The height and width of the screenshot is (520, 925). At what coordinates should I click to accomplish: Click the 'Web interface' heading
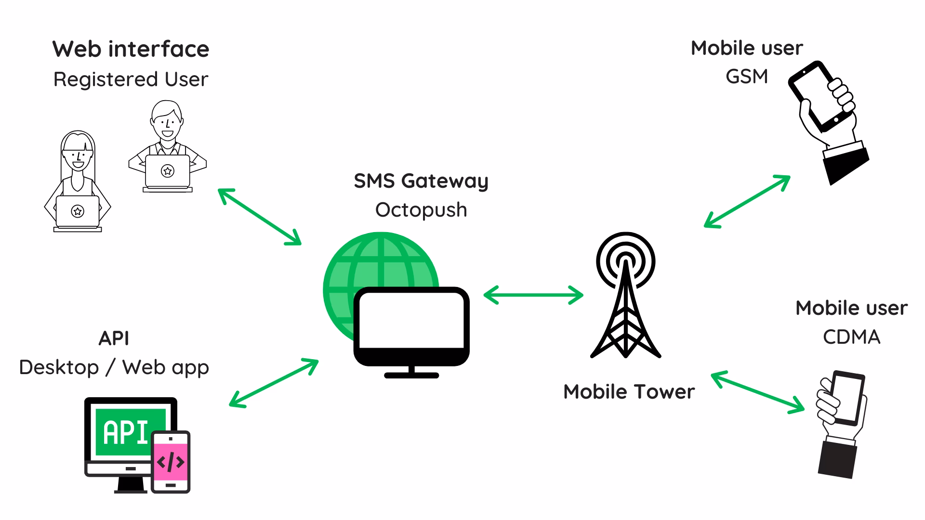[x=131, y=49]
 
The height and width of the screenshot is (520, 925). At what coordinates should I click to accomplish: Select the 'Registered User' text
[x=131, y=79]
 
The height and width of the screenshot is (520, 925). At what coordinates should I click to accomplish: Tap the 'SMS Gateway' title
[x=421, y=181]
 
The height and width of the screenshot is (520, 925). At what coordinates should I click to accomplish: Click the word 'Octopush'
[x=421, y=210]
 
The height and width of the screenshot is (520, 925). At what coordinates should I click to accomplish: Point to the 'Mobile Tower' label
[x=629, y=392]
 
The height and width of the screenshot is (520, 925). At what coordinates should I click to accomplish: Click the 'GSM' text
[x=746, y=77]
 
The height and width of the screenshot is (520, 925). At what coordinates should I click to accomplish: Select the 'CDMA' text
[x=851, y=337]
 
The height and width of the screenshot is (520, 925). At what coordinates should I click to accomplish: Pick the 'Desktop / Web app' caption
[x=114, y=367]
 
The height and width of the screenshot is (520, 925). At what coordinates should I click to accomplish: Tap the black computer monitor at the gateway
[x=411, y=327]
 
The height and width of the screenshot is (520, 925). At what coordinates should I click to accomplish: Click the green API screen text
[x=126, y=432]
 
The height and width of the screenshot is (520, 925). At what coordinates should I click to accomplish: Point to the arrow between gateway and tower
[x=533, y=295]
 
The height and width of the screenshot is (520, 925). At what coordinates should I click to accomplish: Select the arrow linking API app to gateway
[x=273, y=383]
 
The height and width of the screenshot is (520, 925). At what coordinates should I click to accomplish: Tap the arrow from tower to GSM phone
[x=747, y=201]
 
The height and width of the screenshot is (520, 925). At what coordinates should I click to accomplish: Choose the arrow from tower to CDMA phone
[x=757, y=392]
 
